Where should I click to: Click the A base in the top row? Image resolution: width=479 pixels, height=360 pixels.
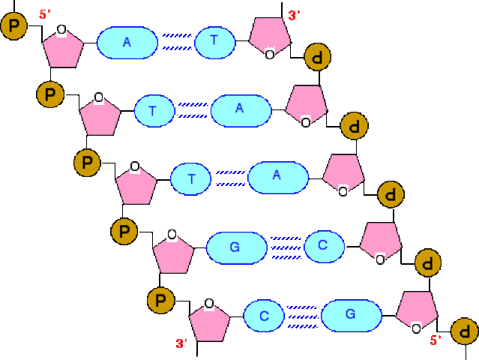[x=127, y=43]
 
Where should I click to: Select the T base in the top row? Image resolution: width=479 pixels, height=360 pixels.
[x=214, y=43]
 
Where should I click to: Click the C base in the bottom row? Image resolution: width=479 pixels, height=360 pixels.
[x=264, y=316]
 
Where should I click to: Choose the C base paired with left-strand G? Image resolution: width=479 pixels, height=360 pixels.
[x=323, y=245]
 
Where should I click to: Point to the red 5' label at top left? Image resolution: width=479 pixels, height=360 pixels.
[x=44, y=14]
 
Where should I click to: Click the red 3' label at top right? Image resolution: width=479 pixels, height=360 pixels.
[x=294, y=14]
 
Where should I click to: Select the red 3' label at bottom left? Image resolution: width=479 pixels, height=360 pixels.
[x=181, y=343]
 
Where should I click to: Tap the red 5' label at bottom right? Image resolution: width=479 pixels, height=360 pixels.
[x=435, y=340]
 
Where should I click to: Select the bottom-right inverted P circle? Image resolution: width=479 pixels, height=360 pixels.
[x=465, y=330]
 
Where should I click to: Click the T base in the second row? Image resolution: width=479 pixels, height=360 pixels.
[x=152, y=111]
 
